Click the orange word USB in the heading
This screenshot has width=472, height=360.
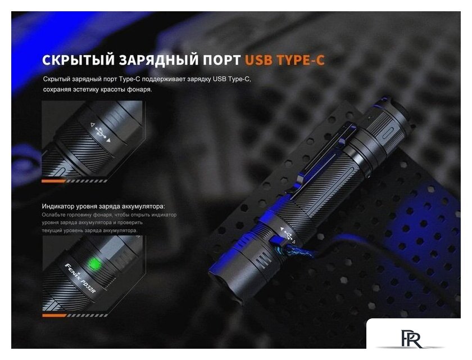coord(258,60)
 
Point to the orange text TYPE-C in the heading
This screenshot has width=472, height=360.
coord(301,60)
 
